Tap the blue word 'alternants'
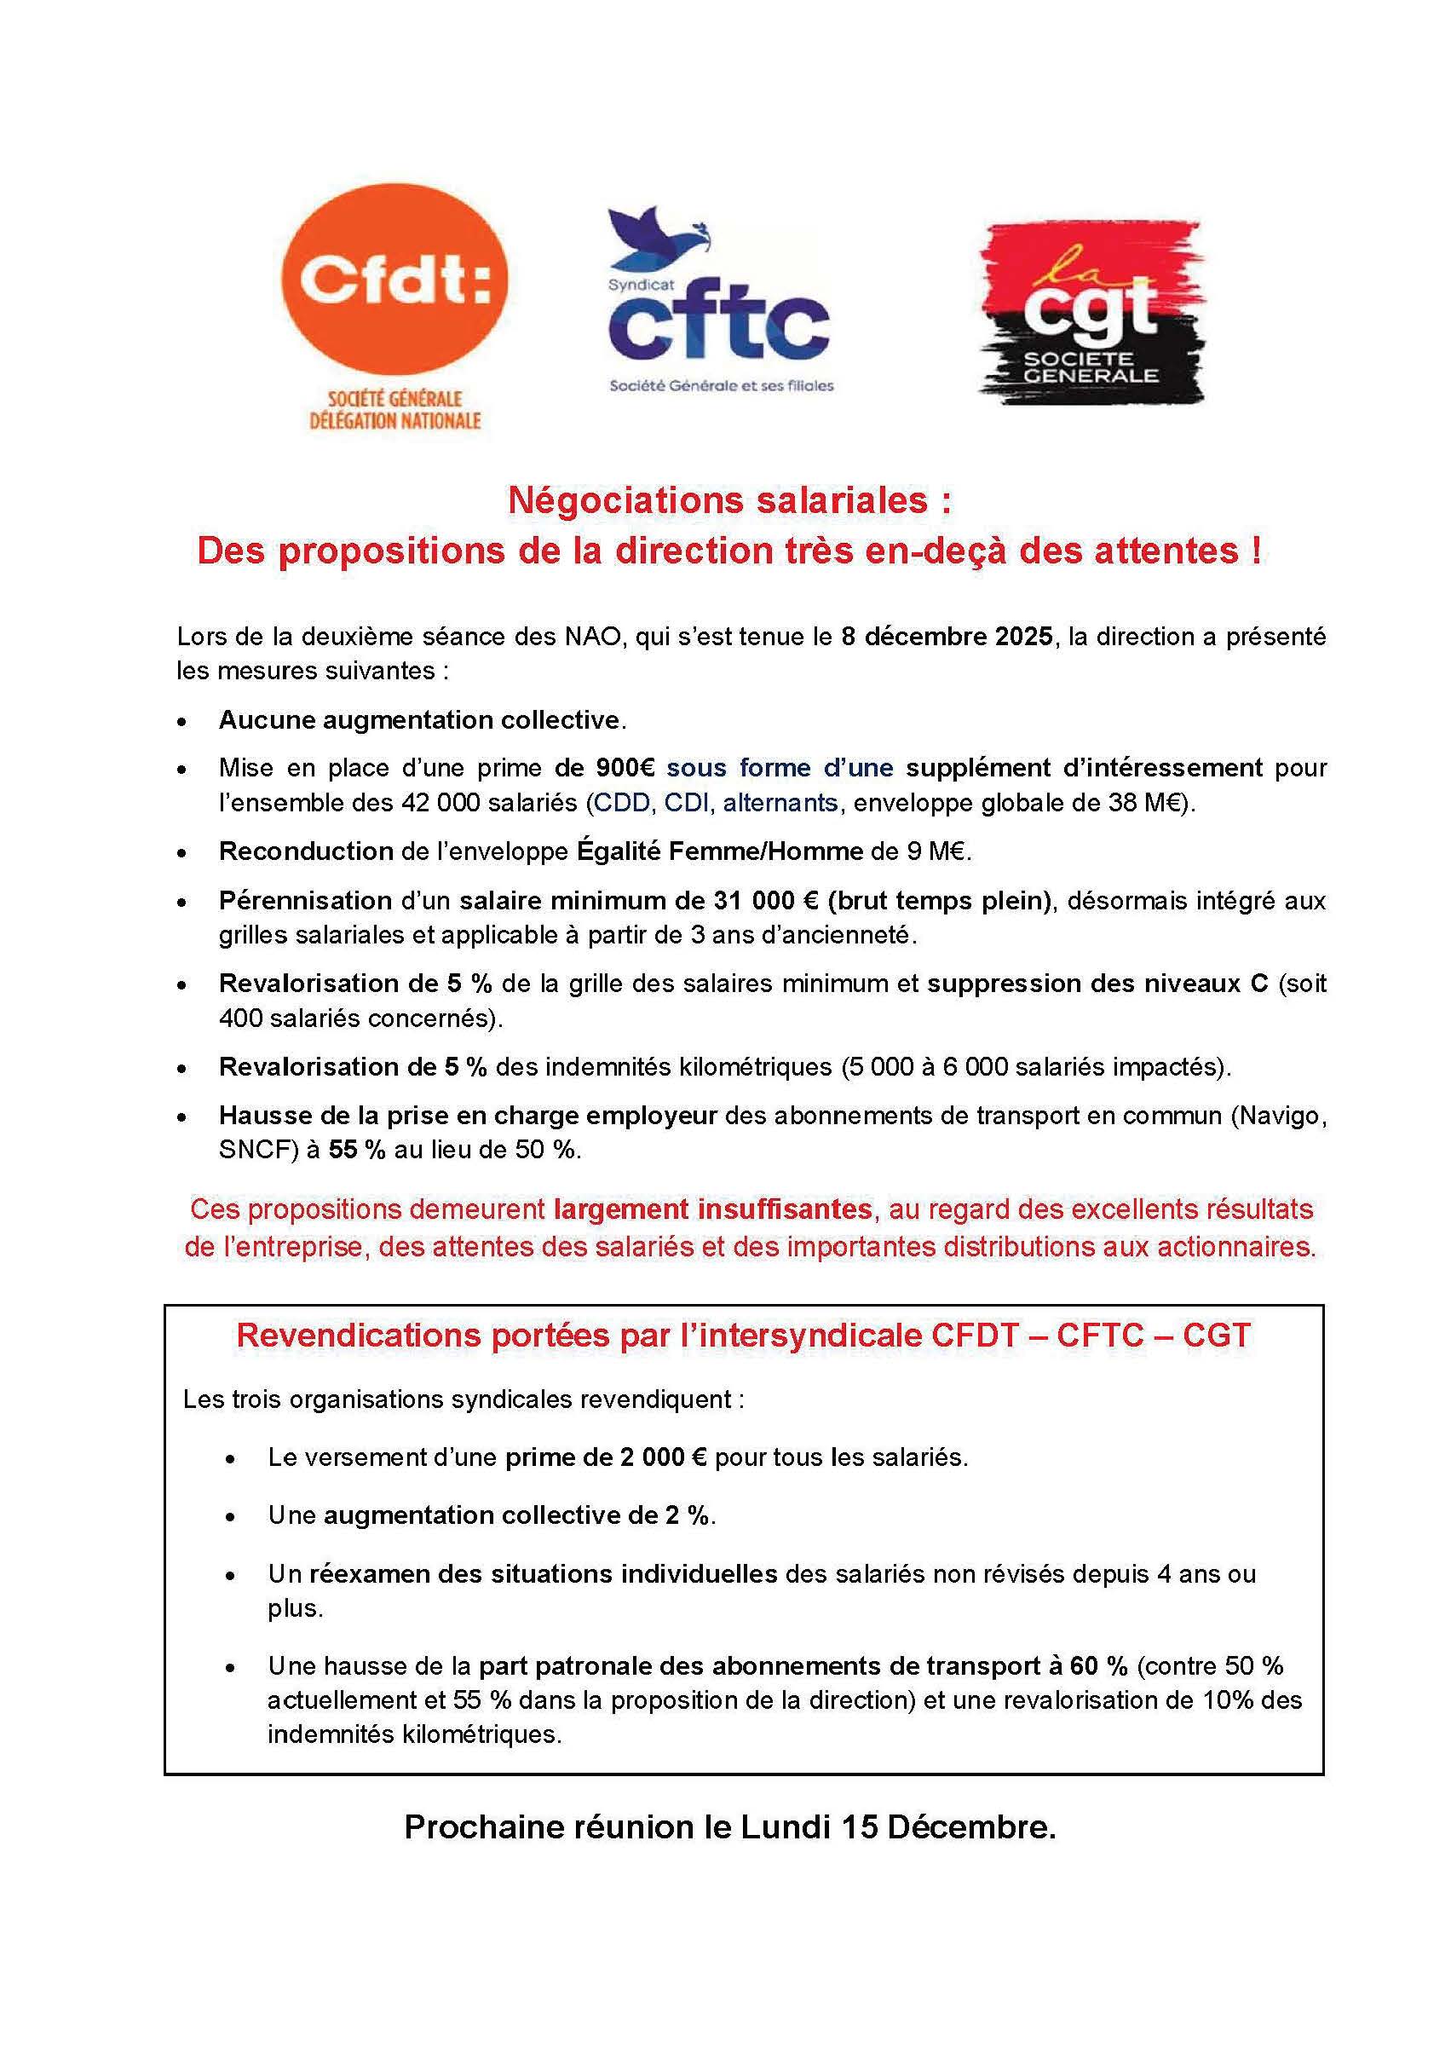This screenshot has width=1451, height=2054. tap(780, 803)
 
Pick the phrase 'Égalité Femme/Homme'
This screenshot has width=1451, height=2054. tap(720, 851)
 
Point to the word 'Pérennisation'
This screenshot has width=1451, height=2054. tap(305, 900)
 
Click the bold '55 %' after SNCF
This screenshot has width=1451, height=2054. tap(357, 1150)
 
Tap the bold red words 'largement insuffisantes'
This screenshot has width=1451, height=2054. tap(713, 1209)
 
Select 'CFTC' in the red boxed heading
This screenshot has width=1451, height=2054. tap(1099, 1335)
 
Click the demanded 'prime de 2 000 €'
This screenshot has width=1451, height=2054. tap(606, 1457)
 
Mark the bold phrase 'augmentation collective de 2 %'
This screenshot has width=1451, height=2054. tap(517, 1515)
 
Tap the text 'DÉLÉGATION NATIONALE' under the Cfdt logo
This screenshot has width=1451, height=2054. tap(394, 419)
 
